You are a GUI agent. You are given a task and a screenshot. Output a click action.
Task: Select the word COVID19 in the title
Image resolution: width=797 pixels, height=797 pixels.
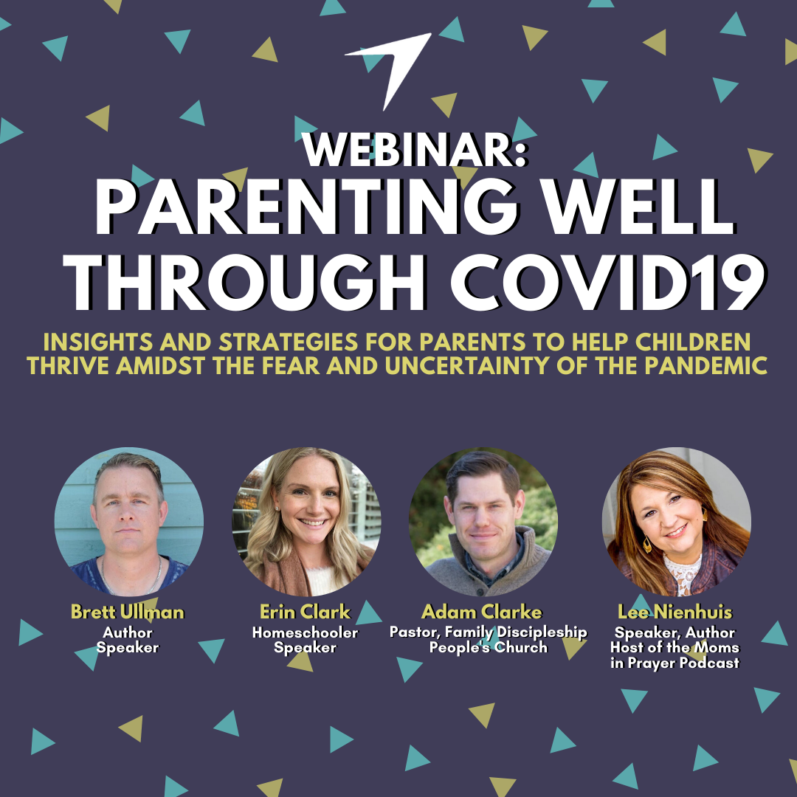(x=608, y=283)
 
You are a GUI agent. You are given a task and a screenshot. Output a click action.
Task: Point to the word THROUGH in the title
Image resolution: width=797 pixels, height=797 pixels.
(x=244, y=283)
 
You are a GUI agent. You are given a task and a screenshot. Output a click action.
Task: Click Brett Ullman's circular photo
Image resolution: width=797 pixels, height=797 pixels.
(x=129, y=522)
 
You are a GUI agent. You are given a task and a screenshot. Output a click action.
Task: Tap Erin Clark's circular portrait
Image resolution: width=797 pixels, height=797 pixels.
(x=306, y=522)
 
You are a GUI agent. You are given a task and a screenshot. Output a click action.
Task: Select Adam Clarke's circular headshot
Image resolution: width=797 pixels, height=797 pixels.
(x=483, y=522)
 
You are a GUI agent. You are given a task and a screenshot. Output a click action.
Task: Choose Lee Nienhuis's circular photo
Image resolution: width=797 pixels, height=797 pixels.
(x=677, y=522)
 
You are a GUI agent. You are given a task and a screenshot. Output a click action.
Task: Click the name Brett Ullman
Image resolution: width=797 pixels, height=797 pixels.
(x=127, y=612)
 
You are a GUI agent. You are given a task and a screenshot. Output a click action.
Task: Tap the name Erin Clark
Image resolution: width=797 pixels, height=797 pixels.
(x=305, y=612)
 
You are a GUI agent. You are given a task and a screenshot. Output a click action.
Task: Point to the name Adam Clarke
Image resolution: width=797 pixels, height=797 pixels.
(x=482, y=612)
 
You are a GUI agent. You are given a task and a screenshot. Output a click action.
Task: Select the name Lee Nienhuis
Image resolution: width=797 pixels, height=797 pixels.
(x=675, y=612)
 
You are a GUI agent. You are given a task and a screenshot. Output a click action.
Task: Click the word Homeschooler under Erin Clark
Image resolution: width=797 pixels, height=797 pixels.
(x=305, y=632)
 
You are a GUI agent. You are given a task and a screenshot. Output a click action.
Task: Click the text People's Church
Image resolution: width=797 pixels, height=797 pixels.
(x=489, y=648)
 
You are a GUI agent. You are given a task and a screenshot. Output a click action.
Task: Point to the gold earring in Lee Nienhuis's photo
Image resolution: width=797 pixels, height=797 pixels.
(x=647, y=545)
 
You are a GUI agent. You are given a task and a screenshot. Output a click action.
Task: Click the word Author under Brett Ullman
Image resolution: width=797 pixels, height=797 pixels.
(x=127, y=632)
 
